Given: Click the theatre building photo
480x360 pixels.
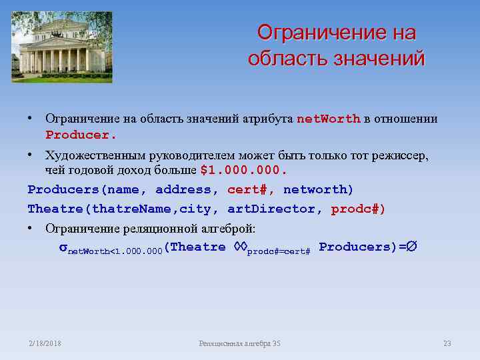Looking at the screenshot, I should click(x=62, y=47).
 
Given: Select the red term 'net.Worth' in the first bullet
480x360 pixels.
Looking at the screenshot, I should click(x=328, y=119).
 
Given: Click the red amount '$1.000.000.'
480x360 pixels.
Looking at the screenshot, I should click(x=243, y=170).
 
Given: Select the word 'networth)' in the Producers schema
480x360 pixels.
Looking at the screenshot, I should click(x=319, y=190).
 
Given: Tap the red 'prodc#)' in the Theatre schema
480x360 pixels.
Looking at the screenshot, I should click(x=358, y=209).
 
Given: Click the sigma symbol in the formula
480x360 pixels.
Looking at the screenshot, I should click(x=63, y=247).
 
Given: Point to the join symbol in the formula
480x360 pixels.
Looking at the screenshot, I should click(x=240, y=247).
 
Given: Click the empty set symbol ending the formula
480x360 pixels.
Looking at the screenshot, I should click(x=413, y=247).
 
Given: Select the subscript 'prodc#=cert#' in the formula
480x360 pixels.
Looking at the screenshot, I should click(x=279, y=252).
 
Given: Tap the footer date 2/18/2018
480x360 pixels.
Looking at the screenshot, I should click(x=45, y=343).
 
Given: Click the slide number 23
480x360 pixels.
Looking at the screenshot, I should click(x=447, y=343).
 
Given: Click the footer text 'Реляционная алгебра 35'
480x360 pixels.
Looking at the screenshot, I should click(x=240, y=343).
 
